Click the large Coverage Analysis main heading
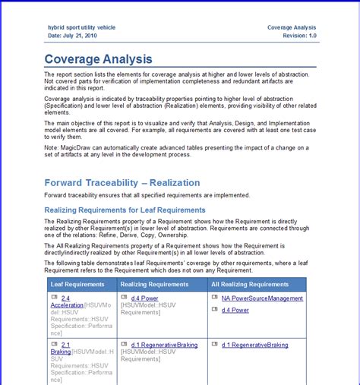(98, 58)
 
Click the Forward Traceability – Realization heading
(122, 182)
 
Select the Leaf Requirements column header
(77, 283)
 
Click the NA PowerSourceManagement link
(262, 298)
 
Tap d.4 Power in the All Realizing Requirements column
(235, 311)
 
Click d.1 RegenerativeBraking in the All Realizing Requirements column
(254, 345)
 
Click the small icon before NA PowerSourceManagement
(214, 298)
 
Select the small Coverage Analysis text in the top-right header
(292, 27)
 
